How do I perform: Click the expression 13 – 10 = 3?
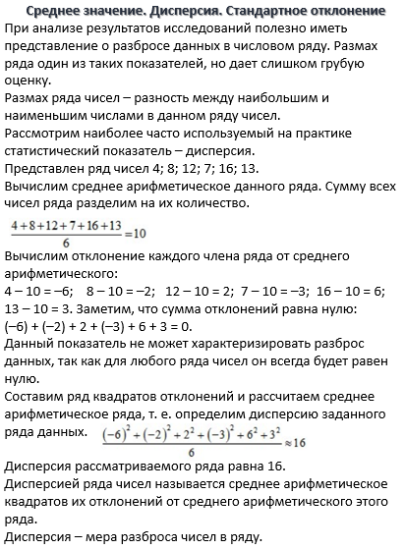[x=40, y=309]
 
